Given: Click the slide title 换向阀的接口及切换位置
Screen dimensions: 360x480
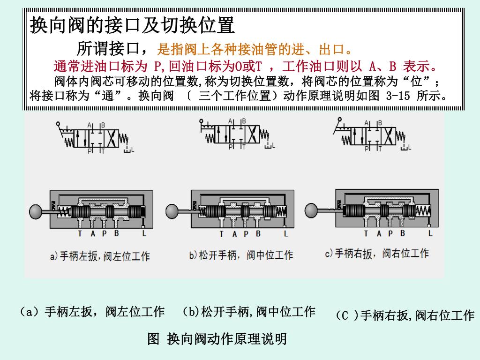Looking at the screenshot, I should [x=132, y=25].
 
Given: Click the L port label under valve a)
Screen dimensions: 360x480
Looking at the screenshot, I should [x=144, y=233].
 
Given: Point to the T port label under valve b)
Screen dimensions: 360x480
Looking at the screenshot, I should [x=221, y=233].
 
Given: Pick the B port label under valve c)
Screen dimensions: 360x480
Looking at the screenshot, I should [x=402, y=233].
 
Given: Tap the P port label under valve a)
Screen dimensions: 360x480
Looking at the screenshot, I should [x=104, y=233].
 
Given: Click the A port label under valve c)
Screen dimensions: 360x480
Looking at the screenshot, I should [x=379, y=233].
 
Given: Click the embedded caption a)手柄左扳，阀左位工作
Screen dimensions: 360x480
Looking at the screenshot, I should [x=100, y=256].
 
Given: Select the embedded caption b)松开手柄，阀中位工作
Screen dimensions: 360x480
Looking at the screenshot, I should [x=241, y=255].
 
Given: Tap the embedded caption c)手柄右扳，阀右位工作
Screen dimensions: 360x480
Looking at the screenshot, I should [x=377, y=254].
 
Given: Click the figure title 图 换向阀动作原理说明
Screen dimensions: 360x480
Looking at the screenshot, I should [x=217, y=338].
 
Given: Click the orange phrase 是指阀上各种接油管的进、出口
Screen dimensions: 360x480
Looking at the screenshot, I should [x=255, y=49].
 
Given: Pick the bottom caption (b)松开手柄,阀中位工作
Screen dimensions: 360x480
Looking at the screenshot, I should [x=248, y=312].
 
